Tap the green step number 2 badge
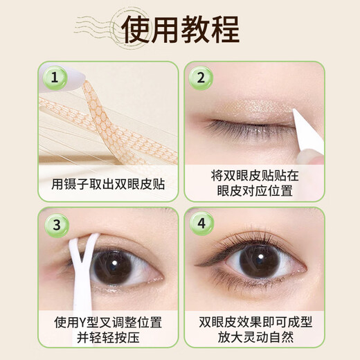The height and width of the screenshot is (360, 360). pyautogui.click(x=201, y=78)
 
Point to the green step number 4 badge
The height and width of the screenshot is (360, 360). pyautogui.click(x=201, y=224)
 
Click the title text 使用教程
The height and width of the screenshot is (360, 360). pyautogui.click(x=180, y=29)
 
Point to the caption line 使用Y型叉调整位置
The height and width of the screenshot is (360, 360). pyautogui.click(x=109, y=323)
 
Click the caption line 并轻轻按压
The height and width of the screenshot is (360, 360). pyautogui.click(x=109, y=339)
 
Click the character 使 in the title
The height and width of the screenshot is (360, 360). pyautogui.click(x=136, y=29)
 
